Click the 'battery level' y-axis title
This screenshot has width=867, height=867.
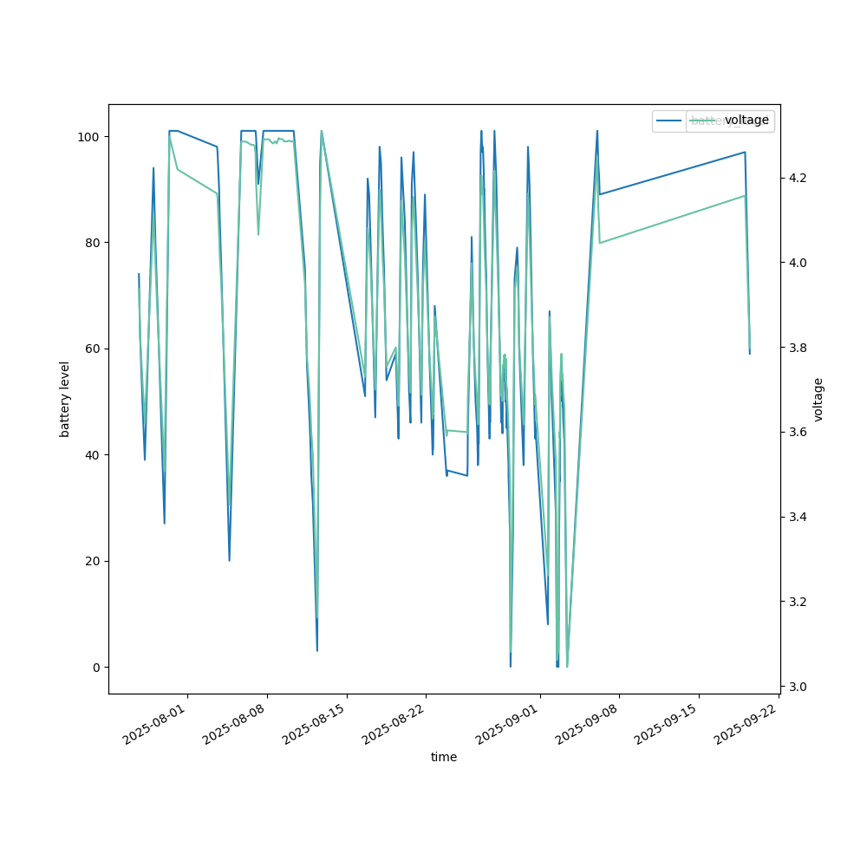[64, 399]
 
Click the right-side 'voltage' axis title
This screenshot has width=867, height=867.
[818, 399]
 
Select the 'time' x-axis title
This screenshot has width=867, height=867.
[444, 757]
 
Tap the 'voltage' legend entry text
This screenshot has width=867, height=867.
[746, 120]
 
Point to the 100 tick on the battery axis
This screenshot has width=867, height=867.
[91, 137]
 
